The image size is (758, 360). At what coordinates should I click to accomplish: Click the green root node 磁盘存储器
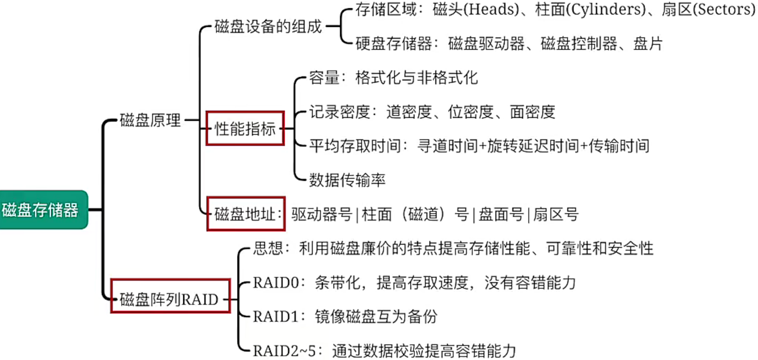point(41,210)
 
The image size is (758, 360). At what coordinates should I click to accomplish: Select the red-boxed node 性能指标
point(245,130)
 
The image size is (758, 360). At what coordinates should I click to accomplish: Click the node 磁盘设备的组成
point(268,26)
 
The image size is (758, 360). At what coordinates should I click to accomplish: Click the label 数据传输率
point(347,180)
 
